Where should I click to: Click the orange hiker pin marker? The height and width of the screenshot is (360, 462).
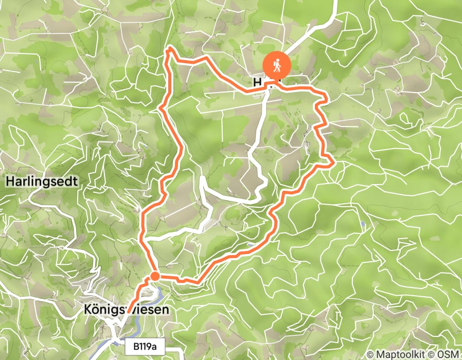[277, 66]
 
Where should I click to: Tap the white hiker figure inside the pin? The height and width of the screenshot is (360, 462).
[277, 65]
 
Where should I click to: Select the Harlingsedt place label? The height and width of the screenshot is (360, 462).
[42, 182]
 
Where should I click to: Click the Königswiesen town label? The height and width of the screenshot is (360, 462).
[126, 310]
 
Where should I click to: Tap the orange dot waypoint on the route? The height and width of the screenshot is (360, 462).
[154, 277]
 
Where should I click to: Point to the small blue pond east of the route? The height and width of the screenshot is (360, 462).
[364, 224]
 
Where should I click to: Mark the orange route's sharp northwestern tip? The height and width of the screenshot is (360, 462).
[168, 49]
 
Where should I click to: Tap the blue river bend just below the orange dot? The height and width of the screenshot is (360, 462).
[160, 294]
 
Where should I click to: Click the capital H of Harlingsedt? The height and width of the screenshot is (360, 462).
[10, 182]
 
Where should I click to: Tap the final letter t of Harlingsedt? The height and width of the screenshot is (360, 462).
[75, 182]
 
